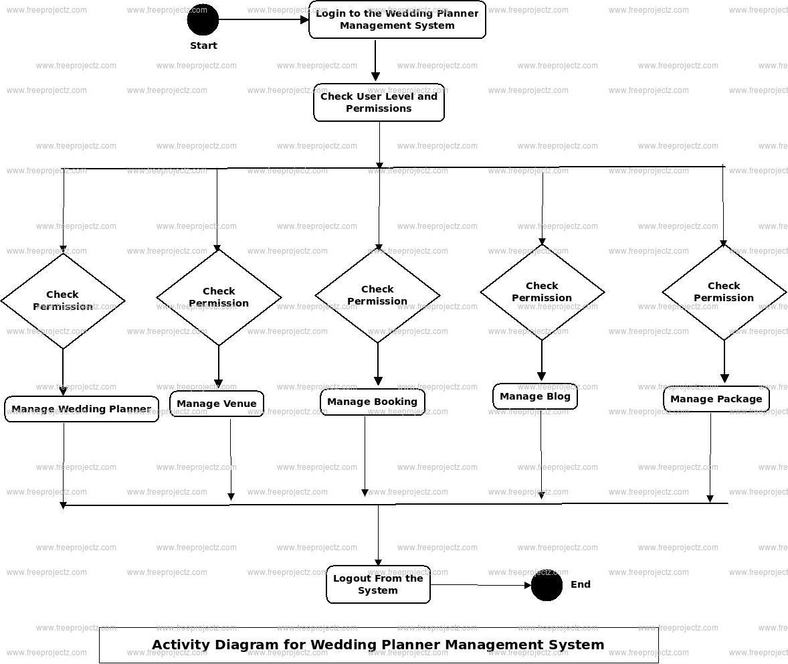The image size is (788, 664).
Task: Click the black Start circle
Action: (203, 19)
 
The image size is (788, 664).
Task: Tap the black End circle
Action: (547, 586)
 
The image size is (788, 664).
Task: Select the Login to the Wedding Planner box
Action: (397, 19)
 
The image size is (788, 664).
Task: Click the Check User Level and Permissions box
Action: (379, 102)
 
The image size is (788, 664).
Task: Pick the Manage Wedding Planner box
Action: (82, 409)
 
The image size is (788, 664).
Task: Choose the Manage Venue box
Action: (217, 404)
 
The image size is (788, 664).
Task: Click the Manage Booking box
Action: (372, 402)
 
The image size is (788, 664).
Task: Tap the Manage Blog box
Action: (535, 396)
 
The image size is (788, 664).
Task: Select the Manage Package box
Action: (716, 399)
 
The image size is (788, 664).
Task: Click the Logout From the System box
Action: (378, 584)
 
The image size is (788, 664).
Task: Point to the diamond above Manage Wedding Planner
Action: (63, 301)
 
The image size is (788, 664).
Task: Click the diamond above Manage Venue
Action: (219, 297)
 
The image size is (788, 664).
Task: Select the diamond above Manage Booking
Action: (377, 295)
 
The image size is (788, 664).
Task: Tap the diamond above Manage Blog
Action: (542, 292)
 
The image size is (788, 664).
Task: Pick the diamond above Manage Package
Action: (724, 292)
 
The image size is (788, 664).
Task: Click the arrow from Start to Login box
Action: (264, 19)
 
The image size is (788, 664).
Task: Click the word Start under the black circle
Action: (203, 46)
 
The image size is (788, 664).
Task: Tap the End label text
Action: (580, 584)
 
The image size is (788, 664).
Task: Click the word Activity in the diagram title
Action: (180, 645)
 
